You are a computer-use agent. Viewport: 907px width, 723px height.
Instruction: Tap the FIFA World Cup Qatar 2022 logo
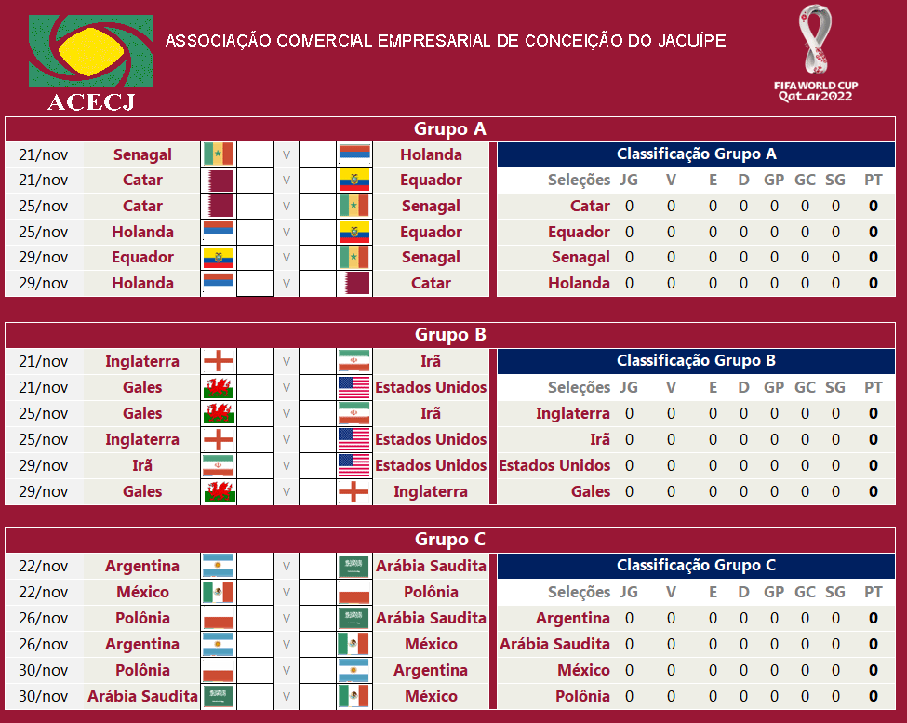(x=816, y=54)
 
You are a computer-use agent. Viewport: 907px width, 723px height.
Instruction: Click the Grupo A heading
(x=450, y=129)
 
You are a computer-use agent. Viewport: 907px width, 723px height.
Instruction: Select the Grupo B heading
(x=450, y=335)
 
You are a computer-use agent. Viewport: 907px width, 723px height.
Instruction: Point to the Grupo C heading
(x=450, y=540)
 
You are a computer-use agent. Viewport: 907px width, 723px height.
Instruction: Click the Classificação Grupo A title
(x=697, y=154)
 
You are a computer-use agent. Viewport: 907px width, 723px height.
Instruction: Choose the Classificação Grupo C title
(x=697, y=565)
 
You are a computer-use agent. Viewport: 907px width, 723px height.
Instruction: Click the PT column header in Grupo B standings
(x=873, y=387)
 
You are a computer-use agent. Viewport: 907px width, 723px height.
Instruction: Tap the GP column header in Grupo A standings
(x=774, y=180)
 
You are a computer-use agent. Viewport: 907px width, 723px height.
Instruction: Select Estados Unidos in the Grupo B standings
(x=554, y=465)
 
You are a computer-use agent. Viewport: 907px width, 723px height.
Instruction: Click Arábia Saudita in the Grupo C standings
(x=554, y=644)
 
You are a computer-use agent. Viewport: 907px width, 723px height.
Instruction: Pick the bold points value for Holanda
(x=874, y=284)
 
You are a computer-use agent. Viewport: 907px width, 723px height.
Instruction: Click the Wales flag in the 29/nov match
(x=219, y=491)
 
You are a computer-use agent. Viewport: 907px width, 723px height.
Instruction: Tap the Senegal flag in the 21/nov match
(x=219, y=154)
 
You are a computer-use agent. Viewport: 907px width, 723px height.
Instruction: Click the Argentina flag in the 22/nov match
(x=219, y=566)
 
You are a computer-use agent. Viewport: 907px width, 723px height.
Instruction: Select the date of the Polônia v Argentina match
(x=44, y=670)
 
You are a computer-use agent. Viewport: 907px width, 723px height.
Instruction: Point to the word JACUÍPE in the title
(x=692, y=41)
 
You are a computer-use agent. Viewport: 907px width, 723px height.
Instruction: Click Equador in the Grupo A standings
(x=579, y=232)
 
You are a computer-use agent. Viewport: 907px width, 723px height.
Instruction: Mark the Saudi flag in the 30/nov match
(x=219, y=696)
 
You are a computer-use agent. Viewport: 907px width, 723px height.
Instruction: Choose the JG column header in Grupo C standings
(x=629, y=592)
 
